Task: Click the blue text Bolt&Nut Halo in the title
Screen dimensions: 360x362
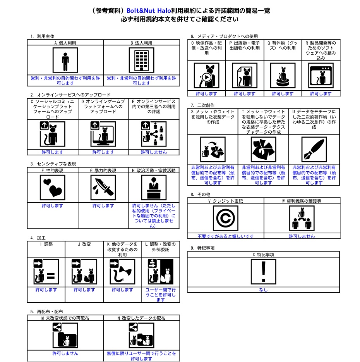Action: tap(149, 10)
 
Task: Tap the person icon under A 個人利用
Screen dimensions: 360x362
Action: tap(65, 60)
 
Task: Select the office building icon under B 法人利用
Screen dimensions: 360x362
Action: tap(141, 60)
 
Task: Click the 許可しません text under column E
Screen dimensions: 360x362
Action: tap(154, 152)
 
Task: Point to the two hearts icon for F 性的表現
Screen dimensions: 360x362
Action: tap(53, 188)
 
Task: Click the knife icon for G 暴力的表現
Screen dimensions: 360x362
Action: tap(103, 188)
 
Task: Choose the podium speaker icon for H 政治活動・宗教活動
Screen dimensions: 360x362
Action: tap(154, 188)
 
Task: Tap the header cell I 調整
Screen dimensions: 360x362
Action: tap(46, 244)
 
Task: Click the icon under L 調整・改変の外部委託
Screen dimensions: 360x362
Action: tap(161, 272)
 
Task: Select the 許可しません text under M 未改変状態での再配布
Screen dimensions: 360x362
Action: tap(65, 353)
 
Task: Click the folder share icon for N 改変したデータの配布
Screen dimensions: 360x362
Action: tap(141, 335)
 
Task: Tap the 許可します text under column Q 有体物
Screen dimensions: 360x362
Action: tap(283, 93)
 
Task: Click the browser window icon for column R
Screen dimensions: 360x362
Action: tap(321, 76)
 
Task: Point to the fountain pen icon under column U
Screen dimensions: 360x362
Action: tap(314, 149)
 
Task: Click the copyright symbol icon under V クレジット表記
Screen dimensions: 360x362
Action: tap(226, 218)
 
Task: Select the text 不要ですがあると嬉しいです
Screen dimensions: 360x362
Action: tap(226, 236)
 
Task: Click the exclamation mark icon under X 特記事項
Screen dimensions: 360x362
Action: tap(263, 272)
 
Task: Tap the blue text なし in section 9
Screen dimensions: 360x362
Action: tap(263, 290)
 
